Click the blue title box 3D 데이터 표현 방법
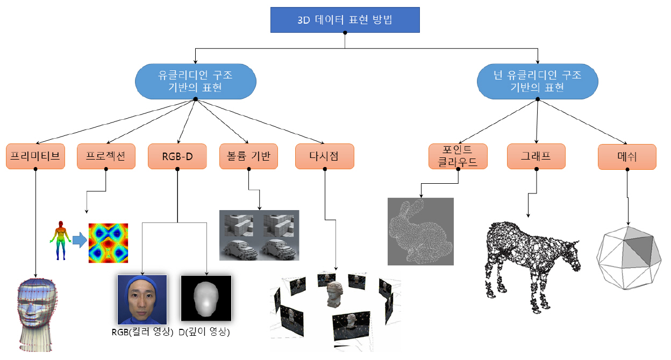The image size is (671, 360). pyautogui.click(x=345, y=21)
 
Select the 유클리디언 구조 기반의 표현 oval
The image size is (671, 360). pyautogui.click(x=195, y=81)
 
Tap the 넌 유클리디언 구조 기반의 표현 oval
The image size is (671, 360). pyautogui.click(x=538, y=81)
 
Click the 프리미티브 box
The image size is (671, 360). pyautogui.click(x=35, y=156)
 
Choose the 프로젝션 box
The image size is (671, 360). pyautogui.click(x=106, y=156)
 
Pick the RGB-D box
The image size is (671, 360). pyautogui.click(x=177, y=156)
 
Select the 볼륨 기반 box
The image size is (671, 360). pyautogui.click(x=248, y=156)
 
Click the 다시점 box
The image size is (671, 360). pyautogui.click(x=324, y=156)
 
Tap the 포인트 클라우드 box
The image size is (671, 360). pyautogui.click(x=458, y=156)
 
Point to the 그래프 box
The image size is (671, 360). pyautogui.click(x=536, y=156)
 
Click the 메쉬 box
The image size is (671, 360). pyautogui.click(x=627, y=156)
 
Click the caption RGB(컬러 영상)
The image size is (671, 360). pyautogui.click(x=142, y=332)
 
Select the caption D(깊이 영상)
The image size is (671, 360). pyautogui.click(x=204, y=332)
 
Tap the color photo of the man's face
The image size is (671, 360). pyautogui.click(x=142, y=299)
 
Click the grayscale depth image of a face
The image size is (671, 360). pyautogui.click(x=206, y=299)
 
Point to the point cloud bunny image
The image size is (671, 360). pyautogui.click(x=420, y=231)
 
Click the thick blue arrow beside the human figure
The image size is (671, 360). pyautogui.click(x=79, y=240)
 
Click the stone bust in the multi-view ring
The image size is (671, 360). pyautogui.click(x=335, y=294)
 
